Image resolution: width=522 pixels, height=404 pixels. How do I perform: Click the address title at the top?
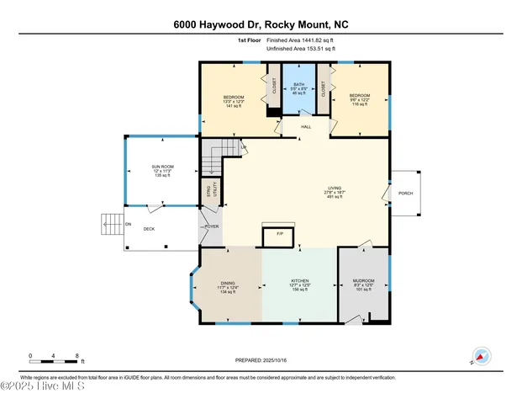pyautogui.click(x=261, y=24)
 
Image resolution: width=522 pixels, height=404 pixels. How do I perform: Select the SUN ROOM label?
pyautogui.click(x=162, y=169)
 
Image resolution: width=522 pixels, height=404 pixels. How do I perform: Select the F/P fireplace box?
pyautogui.click(x=279, y=233)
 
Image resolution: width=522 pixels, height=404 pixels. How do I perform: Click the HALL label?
pyautogui.click(x=306, y=127)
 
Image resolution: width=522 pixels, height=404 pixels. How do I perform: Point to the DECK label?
pyautogui.click(x=149, y=229)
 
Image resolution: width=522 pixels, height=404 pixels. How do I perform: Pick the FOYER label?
pyautogui.click(x=211, y=226)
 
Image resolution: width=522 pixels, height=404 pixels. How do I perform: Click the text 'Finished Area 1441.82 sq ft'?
pyautogui.click(x=301, y=40)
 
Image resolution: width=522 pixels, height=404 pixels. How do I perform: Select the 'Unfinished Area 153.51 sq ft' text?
pyautogui.click(x=301, y=49)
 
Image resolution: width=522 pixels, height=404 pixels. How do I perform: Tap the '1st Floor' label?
pyautogui.click(x=249, y=40)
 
